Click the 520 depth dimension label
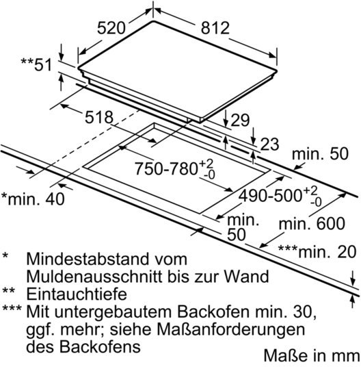point(111,28)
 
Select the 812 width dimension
point(215,28)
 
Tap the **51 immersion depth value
point(36,64)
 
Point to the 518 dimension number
point(99,117)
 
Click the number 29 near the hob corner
point(240,120)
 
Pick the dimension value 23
point(269,144)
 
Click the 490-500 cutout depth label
point(280,196)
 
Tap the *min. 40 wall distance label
point(33,199)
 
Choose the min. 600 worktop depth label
point(312,223)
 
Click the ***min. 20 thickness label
point(317,252)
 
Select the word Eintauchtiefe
point(77,294)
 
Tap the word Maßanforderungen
point(230,329)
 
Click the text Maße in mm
point(312,355)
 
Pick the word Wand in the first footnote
point(247,277)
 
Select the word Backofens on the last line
point(100,346)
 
